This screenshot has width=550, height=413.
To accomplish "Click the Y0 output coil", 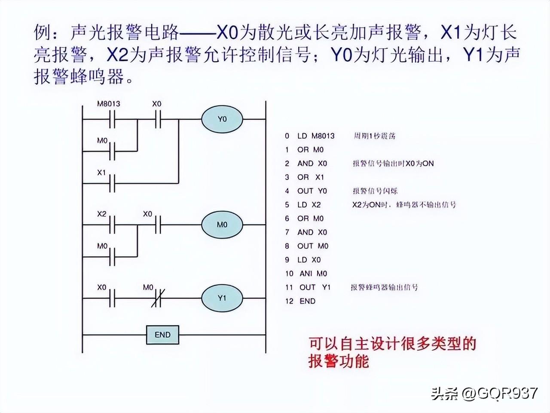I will click(x=222, y=119).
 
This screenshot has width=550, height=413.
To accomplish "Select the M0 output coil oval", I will click(x=222, y=225).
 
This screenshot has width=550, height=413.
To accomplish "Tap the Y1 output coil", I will click(x=222, y=298).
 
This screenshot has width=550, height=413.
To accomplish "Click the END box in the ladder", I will click(x=162, y=335).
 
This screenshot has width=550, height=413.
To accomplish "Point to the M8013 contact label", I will click(x=108, y=104).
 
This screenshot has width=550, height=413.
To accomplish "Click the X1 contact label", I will click(x=101, y=173).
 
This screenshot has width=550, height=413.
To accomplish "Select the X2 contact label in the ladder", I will click(x=101, y=213).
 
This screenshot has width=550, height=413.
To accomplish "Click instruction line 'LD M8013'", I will click(x=315, y=136).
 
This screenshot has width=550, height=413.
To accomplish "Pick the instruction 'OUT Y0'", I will click(x=312, y=191).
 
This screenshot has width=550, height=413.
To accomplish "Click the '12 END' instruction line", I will click(x=300, y=301).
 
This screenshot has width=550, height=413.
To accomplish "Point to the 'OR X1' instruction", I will click(x=311, y=177).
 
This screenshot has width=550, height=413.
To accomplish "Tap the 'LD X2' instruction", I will click(x=309, y=205).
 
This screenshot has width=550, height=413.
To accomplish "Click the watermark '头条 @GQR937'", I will click(x=484, y=393).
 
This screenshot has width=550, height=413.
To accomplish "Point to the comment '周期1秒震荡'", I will click(x=374, y=136).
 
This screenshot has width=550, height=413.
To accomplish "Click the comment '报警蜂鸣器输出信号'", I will click(x=384, y=287).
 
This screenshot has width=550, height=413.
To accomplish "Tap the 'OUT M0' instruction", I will click(x=312, y=246).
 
